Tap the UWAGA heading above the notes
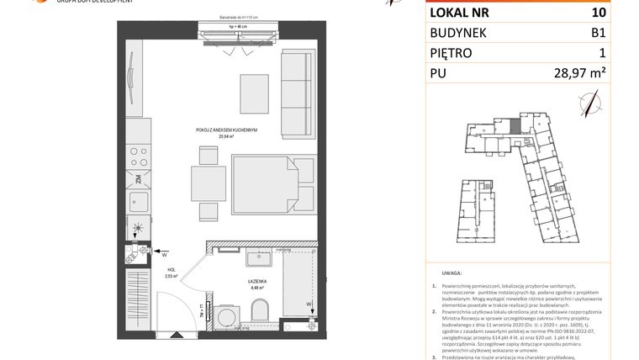452,274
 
